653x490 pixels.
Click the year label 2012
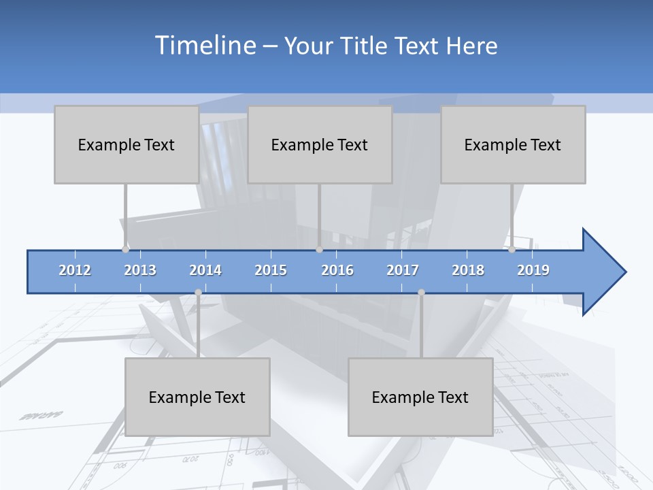(x=75, y=270)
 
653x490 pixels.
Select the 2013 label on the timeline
(x=140, y=270)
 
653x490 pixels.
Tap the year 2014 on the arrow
(x=205, y=270)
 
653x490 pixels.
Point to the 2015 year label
(x=271, y=270)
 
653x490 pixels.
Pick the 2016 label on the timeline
(x=337, y=270)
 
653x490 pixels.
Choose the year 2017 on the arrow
(x=403, y=270)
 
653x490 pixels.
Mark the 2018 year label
(x=468, y=270)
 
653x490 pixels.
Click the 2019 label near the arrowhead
(x=533, y=270)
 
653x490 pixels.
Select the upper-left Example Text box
(x=127, y=144)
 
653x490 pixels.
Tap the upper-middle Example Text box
(x=320, y=144)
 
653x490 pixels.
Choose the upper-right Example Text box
(x=513, y=144)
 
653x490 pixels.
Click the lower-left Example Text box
(x=197, y=397)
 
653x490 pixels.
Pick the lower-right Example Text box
(x=420, y=397)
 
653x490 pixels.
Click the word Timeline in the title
(x=205, y=46)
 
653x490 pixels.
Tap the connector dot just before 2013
(x=125, y=250)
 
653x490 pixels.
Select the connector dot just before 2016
(x=320, y=250)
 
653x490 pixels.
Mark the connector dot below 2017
(x=421, y=293)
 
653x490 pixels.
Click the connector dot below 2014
(x=198, y=293)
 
